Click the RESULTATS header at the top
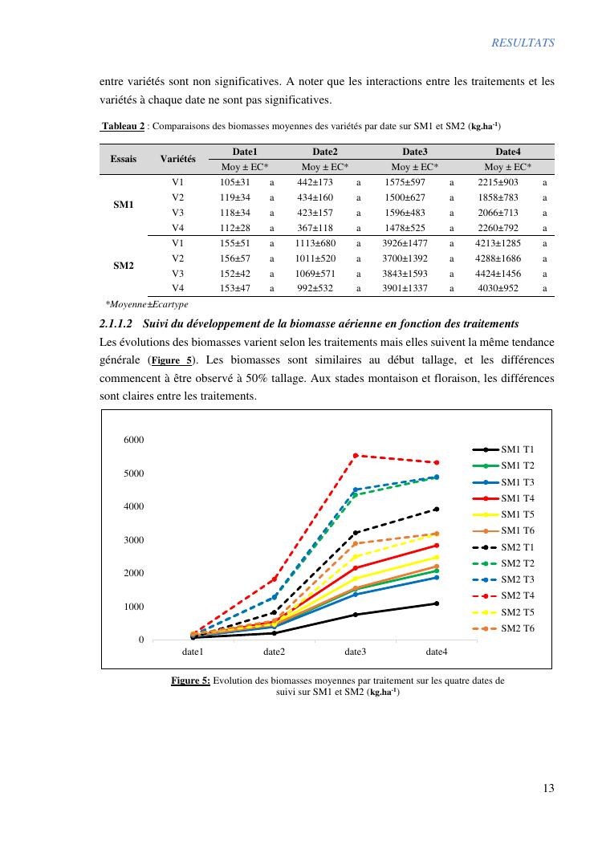point(523,43)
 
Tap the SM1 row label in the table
point(123,205)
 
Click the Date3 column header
point(414,152)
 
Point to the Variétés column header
point(178,159)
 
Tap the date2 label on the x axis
point(274,652)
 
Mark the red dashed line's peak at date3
point(356,455)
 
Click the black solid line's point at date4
point(437,603)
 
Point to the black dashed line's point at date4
point(437,509)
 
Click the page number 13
point(548,788)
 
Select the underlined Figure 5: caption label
point(190,680)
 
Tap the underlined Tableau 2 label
point(123,126)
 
